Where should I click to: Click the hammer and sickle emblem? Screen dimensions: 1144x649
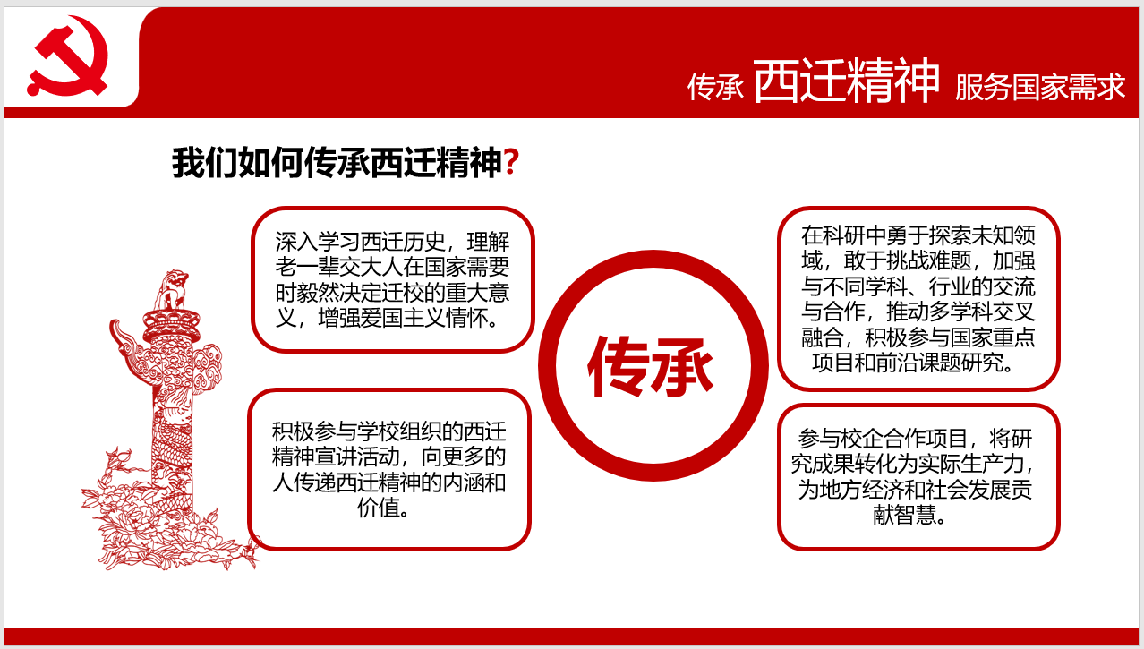click(67, 56)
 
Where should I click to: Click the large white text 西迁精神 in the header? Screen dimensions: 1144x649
click(846, 81)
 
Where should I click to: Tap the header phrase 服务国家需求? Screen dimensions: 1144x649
click(1040, 87)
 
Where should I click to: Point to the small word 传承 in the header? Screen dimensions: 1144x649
click(715, 87)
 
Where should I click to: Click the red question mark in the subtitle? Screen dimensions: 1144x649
click(511, 162)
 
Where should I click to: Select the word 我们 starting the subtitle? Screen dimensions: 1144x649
click(204, 162)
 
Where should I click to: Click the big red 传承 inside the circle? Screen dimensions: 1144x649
click(650, 366)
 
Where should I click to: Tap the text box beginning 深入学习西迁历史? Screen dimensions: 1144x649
click(393, 280)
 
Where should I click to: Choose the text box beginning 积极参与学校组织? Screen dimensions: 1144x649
click(389, 469)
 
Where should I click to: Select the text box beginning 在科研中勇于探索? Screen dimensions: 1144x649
click(918, 299)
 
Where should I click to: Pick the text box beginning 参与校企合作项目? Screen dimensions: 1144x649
click(918, 477)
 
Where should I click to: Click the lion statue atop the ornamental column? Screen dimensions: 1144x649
click(172, 289)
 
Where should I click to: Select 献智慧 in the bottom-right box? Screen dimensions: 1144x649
click(904, 515)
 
